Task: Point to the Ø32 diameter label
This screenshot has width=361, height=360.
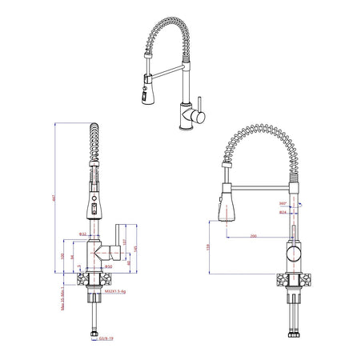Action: [82, 234]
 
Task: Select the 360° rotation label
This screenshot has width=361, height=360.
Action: [283, 204]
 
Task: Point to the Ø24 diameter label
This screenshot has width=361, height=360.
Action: [283, 213]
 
